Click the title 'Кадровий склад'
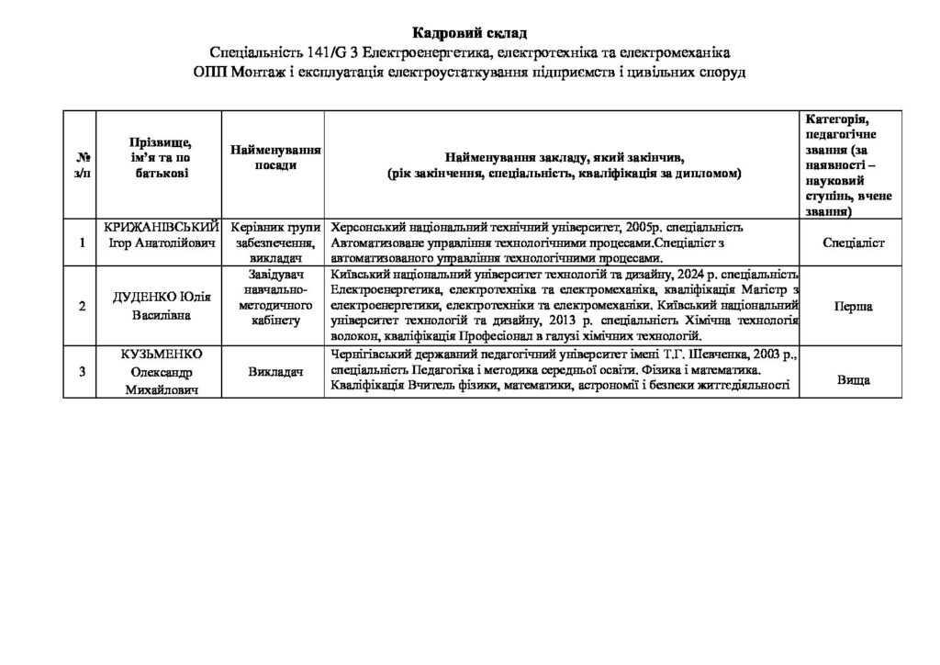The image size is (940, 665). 470,34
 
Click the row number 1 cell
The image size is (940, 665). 84,242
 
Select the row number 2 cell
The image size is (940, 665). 84,306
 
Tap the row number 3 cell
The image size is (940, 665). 84,372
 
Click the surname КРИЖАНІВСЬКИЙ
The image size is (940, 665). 162,227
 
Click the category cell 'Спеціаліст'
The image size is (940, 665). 853,242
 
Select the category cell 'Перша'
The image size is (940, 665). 853,308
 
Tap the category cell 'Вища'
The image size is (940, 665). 853,378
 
